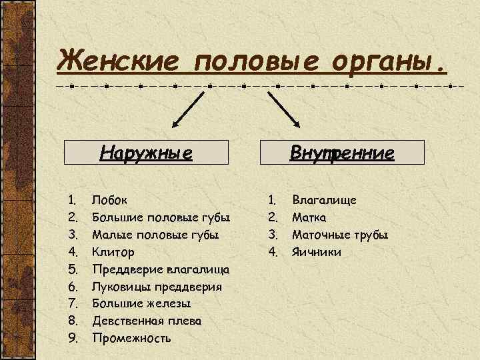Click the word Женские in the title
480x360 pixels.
click(x=121, y=62)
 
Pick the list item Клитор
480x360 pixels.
click(x=113, y=252)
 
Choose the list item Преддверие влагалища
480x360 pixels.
click(x=161, y=269)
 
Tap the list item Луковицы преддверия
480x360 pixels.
click(x=158, y=287)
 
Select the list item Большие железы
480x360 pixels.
click(x=136, y=304)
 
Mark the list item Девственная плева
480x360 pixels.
click(x=147, y=321)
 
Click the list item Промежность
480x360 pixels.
click(x=131, y=339)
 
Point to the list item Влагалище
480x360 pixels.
click(x=325, y=200)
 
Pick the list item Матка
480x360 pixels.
click(x=309, y=217)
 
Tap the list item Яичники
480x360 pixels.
click(x=317, y=252)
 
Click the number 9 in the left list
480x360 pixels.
click(x=73, y=339)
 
